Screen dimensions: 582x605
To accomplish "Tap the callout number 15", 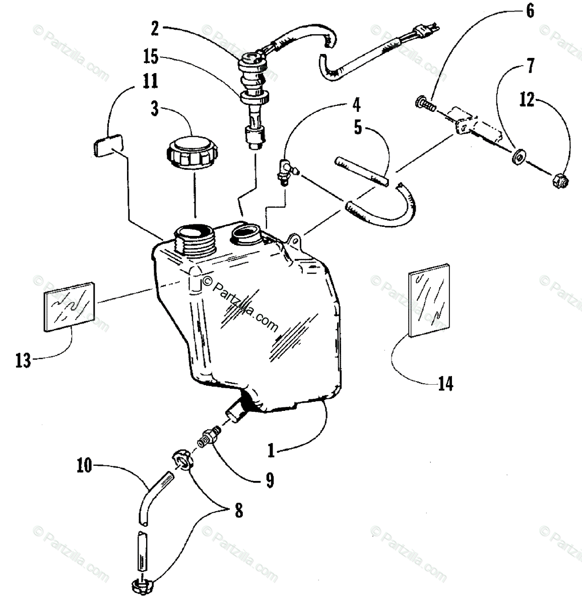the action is point(151,57).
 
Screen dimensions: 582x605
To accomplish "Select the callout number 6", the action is point(530,11).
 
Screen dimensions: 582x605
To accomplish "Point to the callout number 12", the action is point(527,100).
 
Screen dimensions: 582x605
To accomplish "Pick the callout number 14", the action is point(445,383).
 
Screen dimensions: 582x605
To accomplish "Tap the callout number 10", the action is point(84,466).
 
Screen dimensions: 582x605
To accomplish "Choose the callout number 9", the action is point(270,480).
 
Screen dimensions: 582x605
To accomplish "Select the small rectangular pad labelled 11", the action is point(108,146).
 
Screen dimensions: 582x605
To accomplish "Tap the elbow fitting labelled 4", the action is point(286,172).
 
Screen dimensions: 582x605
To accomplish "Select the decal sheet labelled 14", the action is point(429,300).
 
